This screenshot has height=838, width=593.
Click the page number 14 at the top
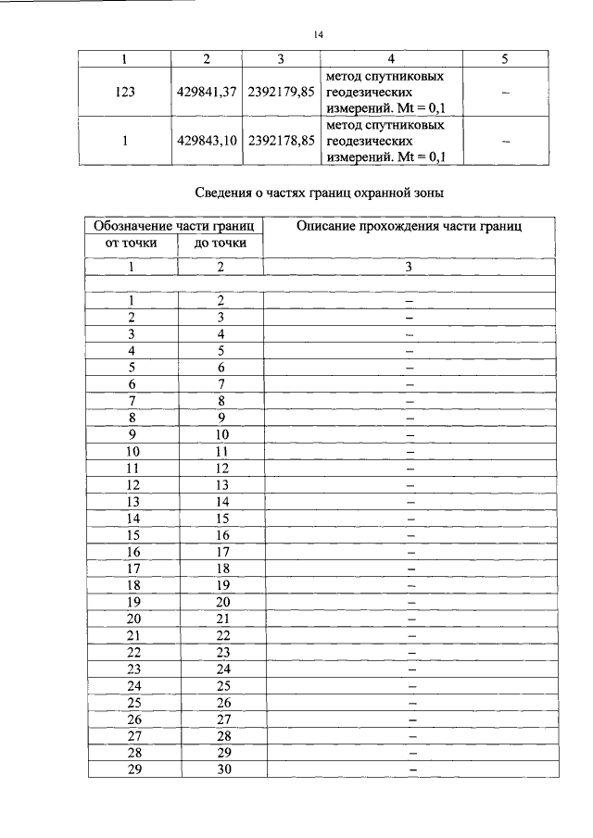tap(318, 35)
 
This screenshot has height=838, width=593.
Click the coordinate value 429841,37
tap(207, 93)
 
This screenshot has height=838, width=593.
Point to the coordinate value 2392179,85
tap(282, 93)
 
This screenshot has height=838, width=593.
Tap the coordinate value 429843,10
tap(207, 141)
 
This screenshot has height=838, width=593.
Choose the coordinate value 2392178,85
tap(282, 141)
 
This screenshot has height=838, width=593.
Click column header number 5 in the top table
tap(504, 58)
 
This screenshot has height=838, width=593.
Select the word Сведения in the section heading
tap(226, 194)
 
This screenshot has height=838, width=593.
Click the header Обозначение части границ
tap(175, 226)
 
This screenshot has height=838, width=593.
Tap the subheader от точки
tap(132, 243)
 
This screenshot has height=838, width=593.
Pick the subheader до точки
tap(220, 243)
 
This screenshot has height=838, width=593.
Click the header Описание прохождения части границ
tap(409, 226)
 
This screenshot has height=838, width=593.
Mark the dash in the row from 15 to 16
tap(410, 535)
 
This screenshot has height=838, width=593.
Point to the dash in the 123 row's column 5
tap(505, 93)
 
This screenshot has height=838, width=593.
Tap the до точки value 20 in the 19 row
tap(222, 601)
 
